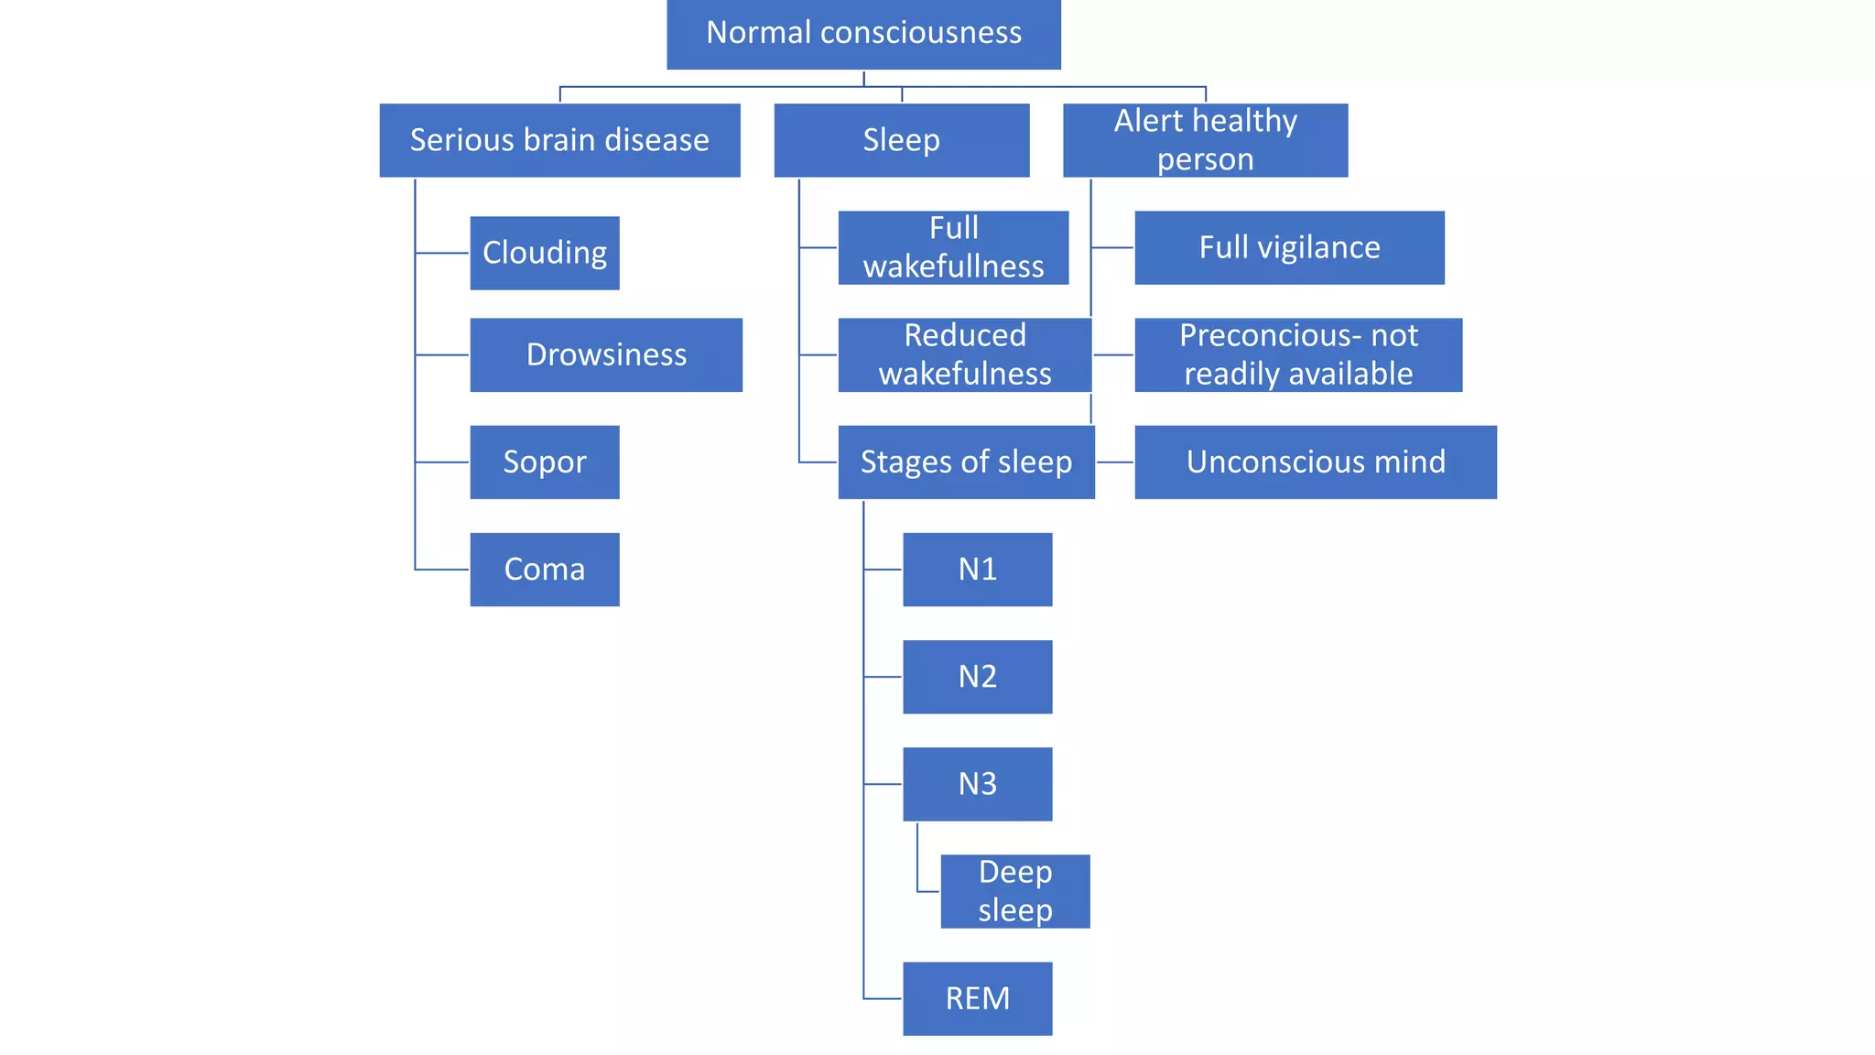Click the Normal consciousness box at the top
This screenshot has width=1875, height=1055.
coord(863,34)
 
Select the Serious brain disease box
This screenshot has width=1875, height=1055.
coord(559,140)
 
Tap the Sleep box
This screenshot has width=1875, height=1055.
coord(901,140)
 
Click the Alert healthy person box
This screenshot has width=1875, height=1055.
coord(1205,140)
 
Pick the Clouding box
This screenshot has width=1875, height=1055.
coord(545,253)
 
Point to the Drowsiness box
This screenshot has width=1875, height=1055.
coord(606,354)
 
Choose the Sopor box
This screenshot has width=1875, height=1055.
coord(545,462)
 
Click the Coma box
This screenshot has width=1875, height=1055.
coord(545,569)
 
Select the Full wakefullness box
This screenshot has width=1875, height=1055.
coord(953,247)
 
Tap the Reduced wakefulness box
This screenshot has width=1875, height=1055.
coord(964,354)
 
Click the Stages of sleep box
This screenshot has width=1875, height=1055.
coord(966,462)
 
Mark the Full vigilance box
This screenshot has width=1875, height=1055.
coord(1289,247)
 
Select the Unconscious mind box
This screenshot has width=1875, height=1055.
coord(1315,462)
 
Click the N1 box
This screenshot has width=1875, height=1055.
coord(977,569)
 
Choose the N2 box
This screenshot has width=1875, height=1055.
coord(977,676)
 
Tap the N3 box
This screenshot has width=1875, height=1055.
coord(977,784)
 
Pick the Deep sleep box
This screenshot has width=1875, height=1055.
coord(1014,891)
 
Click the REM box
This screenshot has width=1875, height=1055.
coord(977,998)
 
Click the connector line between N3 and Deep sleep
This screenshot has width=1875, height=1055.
coord(917,861)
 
